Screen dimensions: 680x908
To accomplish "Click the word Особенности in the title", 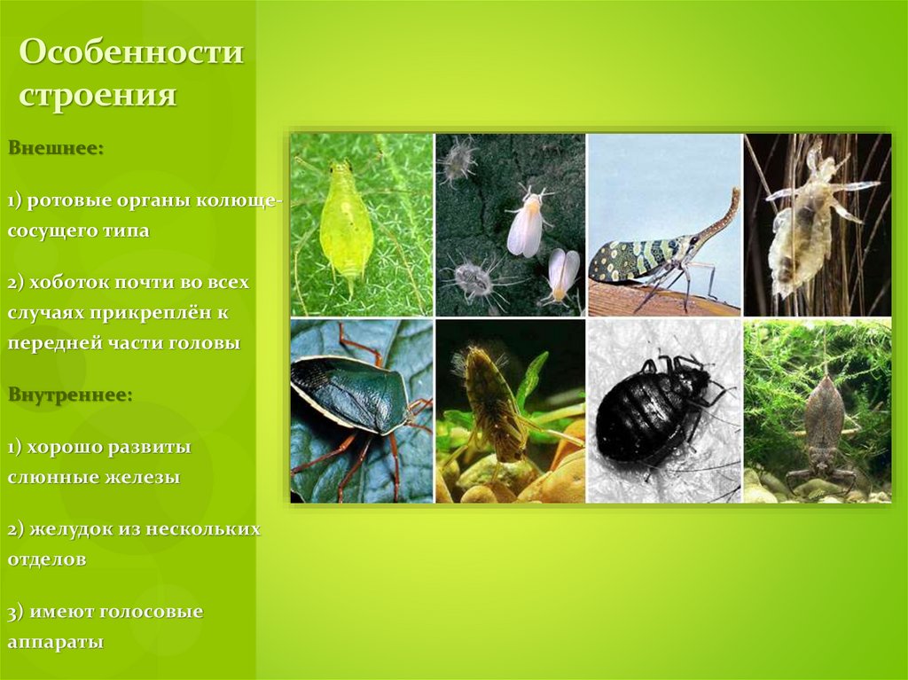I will tap(131, 53).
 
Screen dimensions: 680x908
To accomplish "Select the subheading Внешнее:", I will tap(56, 147).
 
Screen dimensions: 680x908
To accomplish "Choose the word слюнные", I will tap(44, 477).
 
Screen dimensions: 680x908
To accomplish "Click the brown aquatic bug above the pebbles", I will tap(489, 403).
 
